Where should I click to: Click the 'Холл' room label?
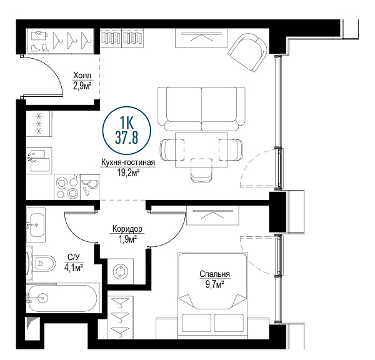point(82,76)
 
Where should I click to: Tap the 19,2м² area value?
point(128,172)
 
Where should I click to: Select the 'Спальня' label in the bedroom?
point(215,274)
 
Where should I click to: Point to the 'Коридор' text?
point(127,229)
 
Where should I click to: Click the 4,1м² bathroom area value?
point(73,267)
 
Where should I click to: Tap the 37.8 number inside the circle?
point(127,137)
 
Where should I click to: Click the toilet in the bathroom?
point(44,263)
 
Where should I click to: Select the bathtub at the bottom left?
point(62,298)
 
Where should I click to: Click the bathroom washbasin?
point(36,225)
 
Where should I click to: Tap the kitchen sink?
point(39,160)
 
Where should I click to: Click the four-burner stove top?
point(67,187)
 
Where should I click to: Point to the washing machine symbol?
point(121,271)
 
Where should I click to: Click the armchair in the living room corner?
point(247,52)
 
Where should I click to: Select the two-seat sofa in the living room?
point(202,109)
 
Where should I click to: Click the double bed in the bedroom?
point(212,296)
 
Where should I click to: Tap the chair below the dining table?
point(202,170)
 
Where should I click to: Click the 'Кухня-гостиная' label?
point(128,162)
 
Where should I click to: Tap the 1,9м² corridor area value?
point(128,239)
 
